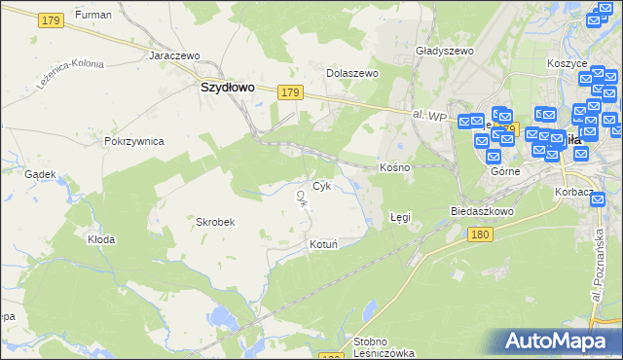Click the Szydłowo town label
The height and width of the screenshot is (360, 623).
227,86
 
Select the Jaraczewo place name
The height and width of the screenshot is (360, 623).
174,55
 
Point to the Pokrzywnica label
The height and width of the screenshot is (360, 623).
133,141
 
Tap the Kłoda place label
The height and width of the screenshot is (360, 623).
101,238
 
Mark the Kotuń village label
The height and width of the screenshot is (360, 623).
323,244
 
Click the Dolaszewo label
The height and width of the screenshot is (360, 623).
351,73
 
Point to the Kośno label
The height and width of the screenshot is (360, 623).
394,167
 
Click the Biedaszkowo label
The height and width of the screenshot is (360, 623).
482,211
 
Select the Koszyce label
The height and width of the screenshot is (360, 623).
568,63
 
